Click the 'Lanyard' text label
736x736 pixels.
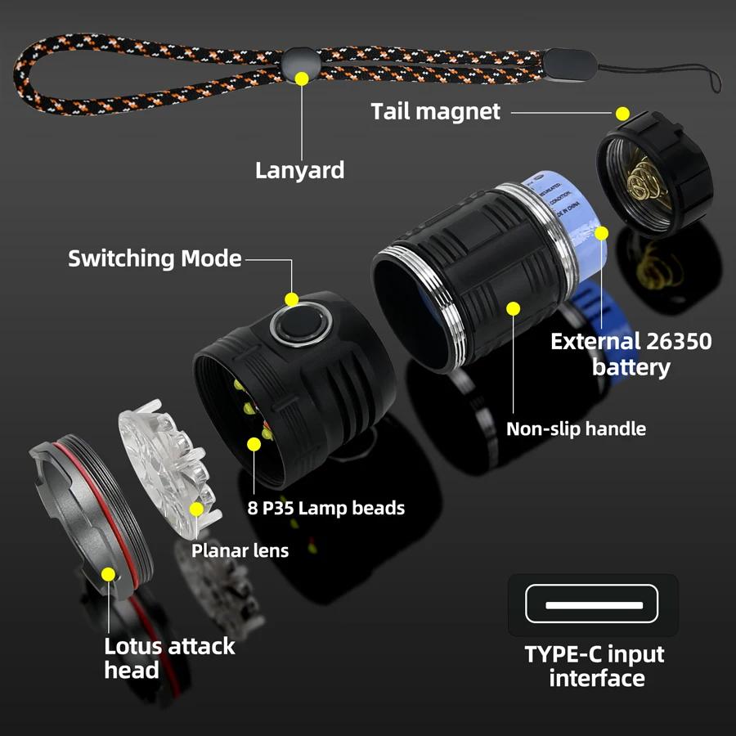[x=299, y=170]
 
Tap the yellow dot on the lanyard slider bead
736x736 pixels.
[x=302, y=79]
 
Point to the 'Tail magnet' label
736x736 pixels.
[x=435, y=111]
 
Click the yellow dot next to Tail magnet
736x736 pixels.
[x=622, y=113]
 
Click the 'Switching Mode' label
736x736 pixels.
[x=155, y=259]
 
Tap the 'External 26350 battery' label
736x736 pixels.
[x=631, y=353]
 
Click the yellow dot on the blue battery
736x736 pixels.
[x=601, y=233]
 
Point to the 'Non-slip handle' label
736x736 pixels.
[x=576, y=429]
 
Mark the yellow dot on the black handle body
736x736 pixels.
[x=514, y=308]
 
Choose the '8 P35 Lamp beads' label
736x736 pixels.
[x=325, y=508]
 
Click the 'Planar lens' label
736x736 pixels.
[x=240, y=550]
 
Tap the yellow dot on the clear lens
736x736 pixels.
[x=196, y=509]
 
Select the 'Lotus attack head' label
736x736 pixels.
[x=169, y=657]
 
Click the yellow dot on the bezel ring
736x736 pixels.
[x=108, y=573]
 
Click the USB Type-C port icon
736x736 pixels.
[x=593, y=605]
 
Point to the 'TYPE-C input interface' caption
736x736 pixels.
[x=594, y=666]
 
